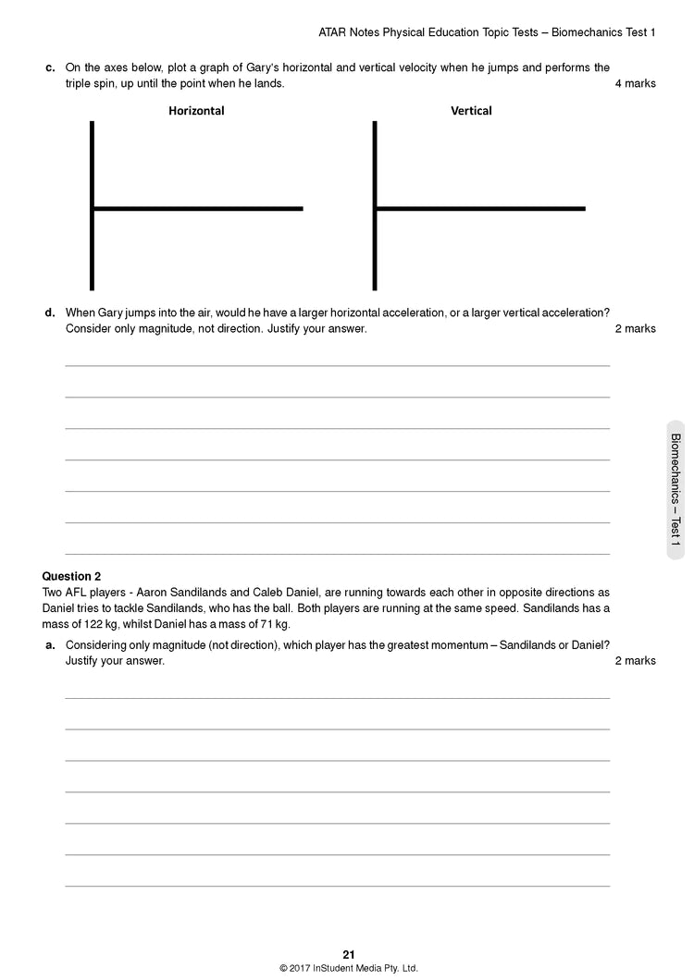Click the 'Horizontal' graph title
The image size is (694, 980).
pyautogui.click(x=196, y=111)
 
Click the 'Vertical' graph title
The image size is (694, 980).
pyautogui.click(x=471, y=111)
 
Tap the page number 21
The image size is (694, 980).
pyautogui.click(x=348, y=955)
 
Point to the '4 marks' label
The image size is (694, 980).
pyautogui.click(x=635, y=83)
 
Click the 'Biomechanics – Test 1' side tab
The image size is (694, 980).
pyautogui.click(x=675, y=490)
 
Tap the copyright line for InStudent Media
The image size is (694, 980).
pyautogui.click(x=348, y=969)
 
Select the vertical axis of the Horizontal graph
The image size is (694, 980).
pyautogui.click(x=92, y=205)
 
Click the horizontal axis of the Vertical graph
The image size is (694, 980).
pyautogui.click(x=480, y=209)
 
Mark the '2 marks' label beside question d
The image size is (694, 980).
pyautogui.click(x=635, y=328)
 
